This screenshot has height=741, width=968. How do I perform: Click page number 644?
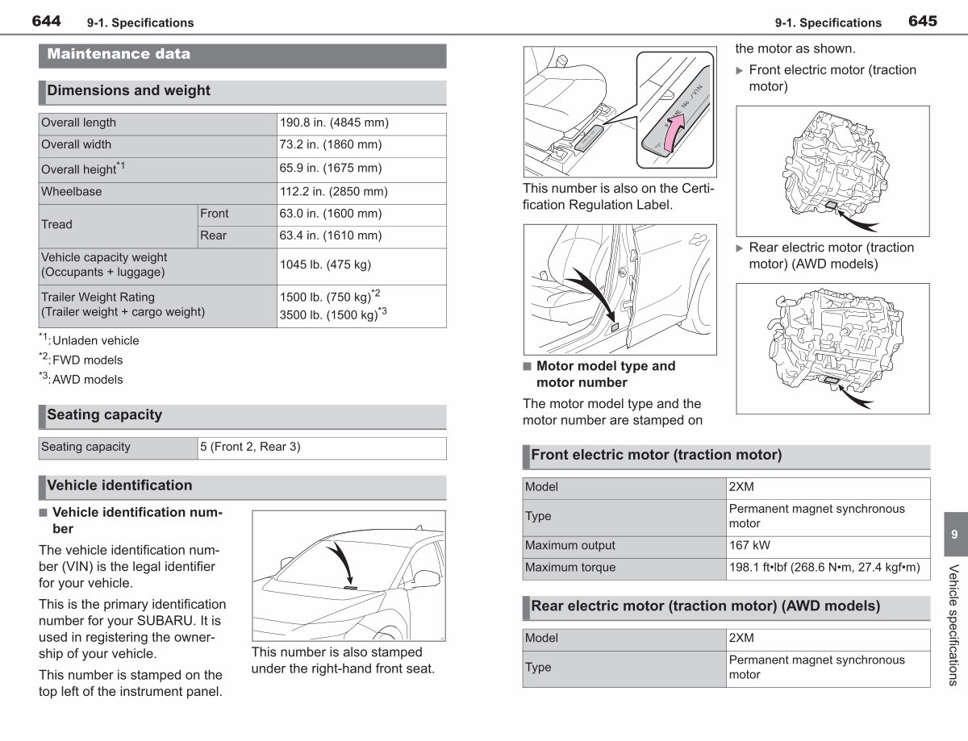(46, 21)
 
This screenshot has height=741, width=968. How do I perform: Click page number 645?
(923, 21)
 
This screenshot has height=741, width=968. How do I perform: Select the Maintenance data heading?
(119, 54)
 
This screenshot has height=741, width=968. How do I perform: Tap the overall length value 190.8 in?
(334, 123)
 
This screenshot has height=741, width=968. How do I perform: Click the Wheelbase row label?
(71, 191)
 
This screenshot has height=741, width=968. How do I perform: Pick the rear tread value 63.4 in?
(331, 235)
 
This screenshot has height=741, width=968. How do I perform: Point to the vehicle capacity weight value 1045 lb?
(325, 264)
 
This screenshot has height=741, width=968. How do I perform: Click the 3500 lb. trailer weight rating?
(333, 314)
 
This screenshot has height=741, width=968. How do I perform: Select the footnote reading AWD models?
(87, 380)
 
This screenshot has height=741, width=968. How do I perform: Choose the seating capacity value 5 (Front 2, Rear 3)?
(250, 447)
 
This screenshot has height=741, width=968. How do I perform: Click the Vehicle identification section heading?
(119, 485)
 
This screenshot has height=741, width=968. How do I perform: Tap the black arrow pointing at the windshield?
(343, 560)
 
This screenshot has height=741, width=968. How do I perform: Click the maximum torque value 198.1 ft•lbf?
(824, 568)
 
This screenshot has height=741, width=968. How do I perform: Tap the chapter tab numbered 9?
(954, 534)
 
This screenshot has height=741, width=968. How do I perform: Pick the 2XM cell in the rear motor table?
(741, 638)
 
